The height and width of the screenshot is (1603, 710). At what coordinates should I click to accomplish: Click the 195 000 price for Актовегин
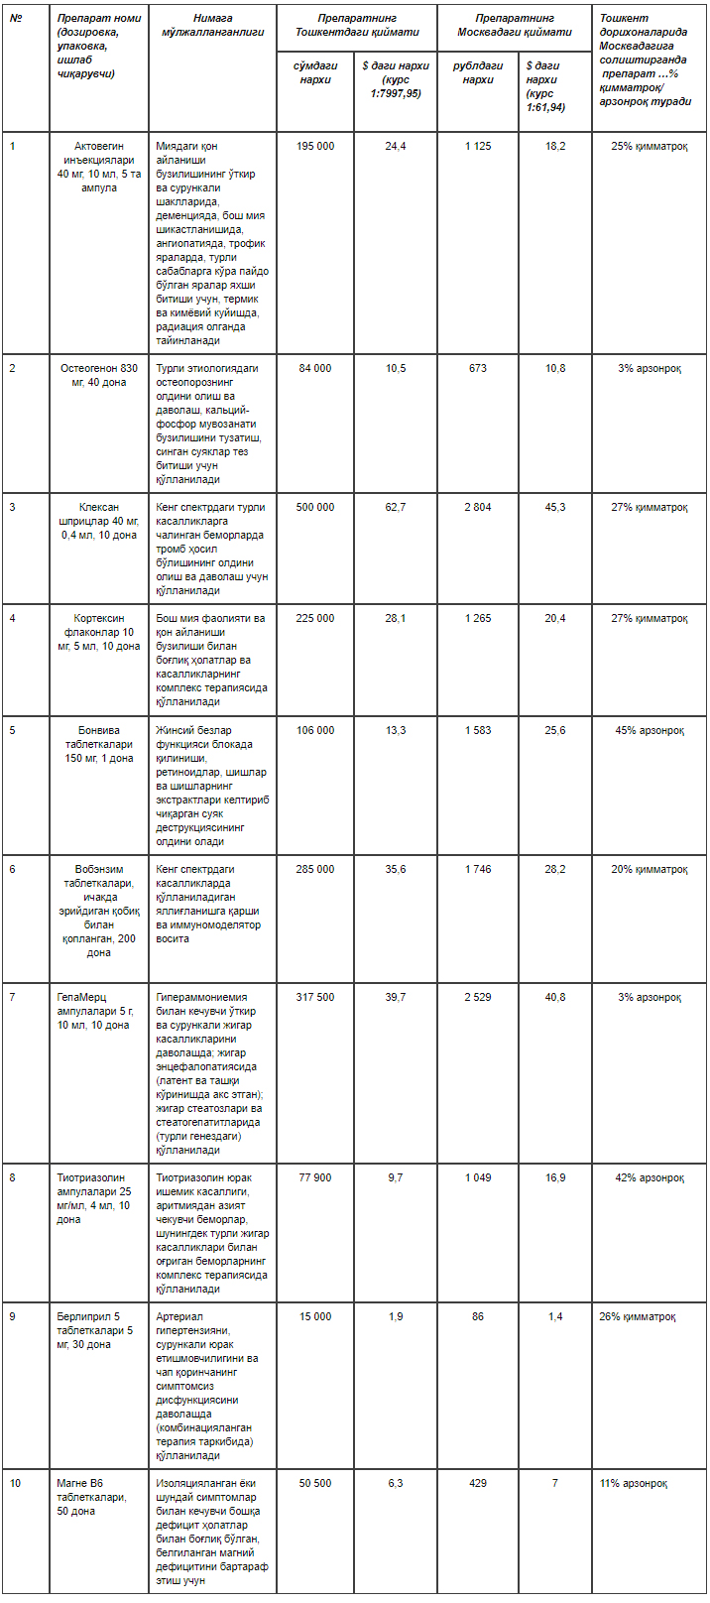coord(315,146)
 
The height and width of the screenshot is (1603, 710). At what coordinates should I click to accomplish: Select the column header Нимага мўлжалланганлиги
coord(212,25)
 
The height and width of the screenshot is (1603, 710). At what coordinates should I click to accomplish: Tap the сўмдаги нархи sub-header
coord(315,72)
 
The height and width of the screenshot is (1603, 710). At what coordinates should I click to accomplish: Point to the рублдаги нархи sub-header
coord(478,72)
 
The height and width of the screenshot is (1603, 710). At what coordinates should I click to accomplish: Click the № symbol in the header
coord(16,18)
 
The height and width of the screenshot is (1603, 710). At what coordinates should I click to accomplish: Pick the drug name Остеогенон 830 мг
coord(99,375)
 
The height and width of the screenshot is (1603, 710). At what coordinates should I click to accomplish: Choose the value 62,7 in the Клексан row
coord(396,507)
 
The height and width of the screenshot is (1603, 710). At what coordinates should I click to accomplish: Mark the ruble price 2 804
coord(478,507)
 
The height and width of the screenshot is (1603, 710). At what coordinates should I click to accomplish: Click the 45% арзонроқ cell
coord(650,730)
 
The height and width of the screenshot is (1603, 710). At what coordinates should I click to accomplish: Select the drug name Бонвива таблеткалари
coord(99,737)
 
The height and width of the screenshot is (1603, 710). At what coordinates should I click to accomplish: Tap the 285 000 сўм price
coord(315,869)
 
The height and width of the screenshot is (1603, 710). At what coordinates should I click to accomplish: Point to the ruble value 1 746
coord(478,869)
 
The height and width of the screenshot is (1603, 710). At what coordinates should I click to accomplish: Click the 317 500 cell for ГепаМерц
coord(315,997)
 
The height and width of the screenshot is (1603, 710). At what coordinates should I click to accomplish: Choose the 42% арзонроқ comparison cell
coord(650,1177)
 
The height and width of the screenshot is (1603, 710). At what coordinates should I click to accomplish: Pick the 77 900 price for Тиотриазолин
coord(315,1177)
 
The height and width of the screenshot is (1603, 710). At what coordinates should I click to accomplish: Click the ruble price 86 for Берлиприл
coord(478,1316)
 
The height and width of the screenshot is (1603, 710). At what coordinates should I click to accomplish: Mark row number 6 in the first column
coord(13,869)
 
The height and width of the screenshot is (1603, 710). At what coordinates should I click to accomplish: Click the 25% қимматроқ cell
coord(650,146)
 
